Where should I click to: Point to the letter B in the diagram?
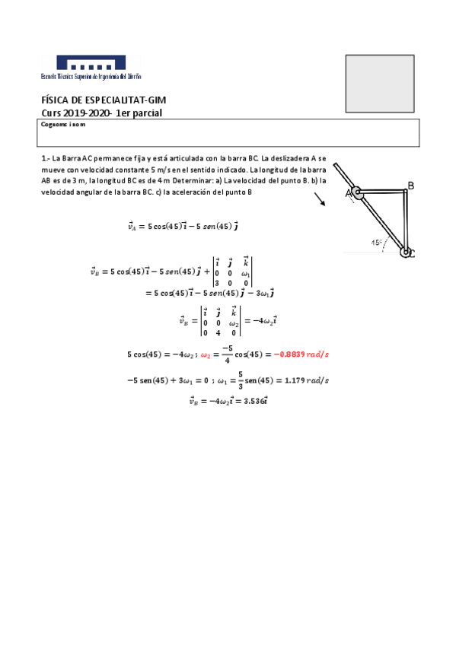(x=411, y=186)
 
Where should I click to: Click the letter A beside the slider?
(x=349, y=194)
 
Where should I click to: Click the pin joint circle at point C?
(x=406, y=252)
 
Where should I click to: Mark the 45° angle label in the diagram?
(x=376, y=243)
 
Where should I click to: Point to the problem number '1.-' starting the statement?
(x=45, y=159)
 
